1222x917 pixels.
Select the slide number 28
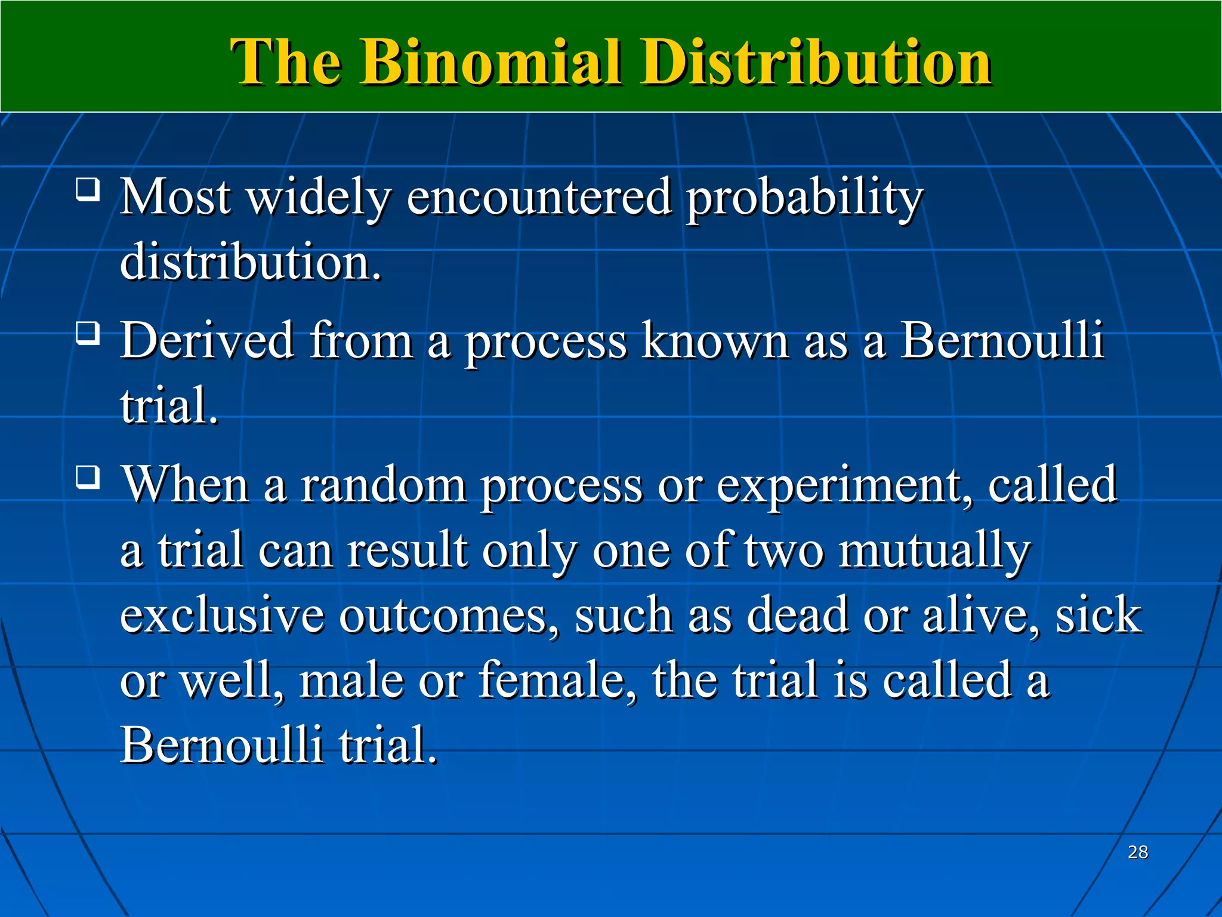coord(1138,852)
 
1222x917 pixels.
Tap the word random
coord(383,485)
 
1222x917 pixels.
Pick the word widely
coord(319,198)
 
